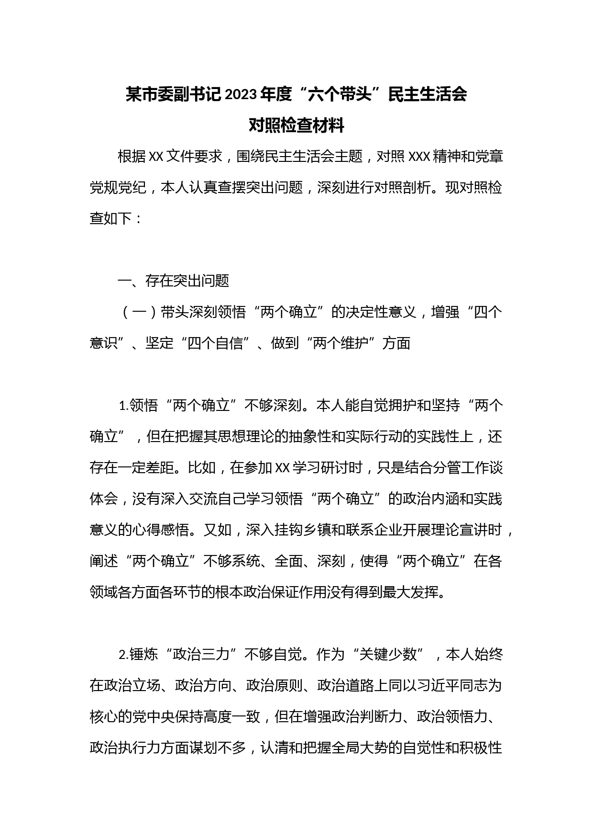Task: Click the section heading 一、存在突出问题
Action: [174, 281]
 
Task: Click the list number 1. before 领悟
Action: [123, 406]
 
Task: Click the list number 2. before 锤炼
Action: [123, 655]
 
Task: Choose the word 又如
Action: [218, 530]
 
